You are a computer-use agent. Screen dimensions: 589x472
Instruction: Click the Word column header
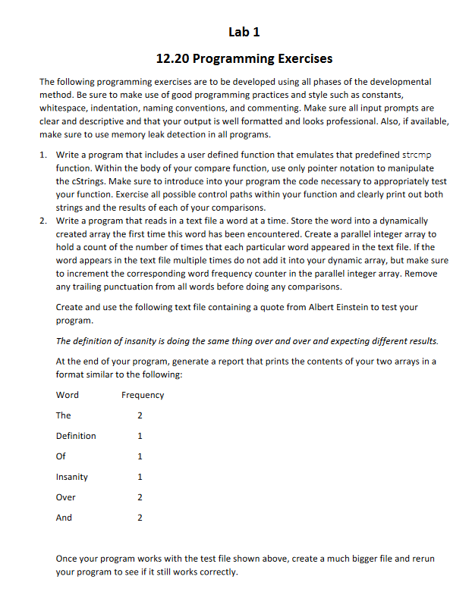[x=67, y=395]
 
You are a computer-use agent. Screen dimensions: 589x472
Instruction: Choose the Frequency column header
[x=142, y=395]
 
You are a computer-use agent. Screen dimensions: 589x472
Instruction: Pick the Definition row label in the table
[x=76, y=436]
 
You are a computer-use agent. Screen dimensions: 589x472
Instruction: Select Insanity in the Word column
[x=71, y=477]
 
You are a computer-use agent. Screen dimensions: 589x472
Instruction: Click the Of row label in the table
[x=61, y=456]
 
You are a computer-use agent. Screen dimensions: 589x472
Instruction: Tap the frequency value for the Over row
[x=140, y=497]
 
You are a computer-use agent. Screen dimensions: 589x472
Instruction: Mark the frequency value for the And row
[x=140, y=518]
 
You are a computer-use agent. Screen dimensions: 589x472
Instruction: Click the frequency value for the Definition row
[x=140, y=436]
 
